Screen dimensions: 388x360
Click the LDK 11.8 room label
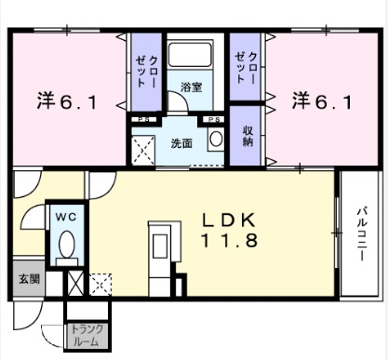(x=230, y=230)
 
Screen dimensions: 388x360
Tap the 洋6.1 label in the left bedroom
(x=67, y=101)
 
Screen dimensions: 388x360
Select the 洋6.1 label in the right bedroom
(x=322, y=101)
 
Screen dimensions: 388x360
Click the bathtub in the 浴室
(x=191, y=55)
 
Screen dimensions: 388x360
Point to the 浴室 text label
(x=192, y=87)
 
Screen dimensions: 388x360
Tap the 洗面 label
(x=181, y=143)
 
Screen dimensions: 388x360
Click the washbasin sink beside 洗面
(x=216, y=139)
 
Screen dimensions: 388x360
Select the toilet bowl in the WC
(x=67, y=245)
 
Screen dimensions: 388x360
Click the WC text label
(x=66, y=217)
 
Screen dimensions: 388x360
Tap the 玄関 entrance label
(x=30, y=279)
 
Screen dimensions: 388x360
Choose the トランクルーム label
(x=87, y=335)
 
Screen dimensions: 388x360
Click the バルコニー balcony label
(x=362, y=234)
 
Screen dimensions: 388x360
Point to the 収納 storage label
(x=248, y=136)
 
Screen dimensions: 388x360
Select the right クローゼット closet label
(x=246, y=68)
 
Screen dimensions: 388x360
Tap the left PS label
(x=143, y=120)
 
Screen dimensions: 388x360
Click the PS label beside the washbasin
(x=214, y=120)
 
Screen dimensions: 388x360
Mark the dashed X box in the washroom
(x=143, y=150)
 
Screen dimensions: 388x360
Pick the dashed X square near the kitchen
(x=100, y=285)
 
